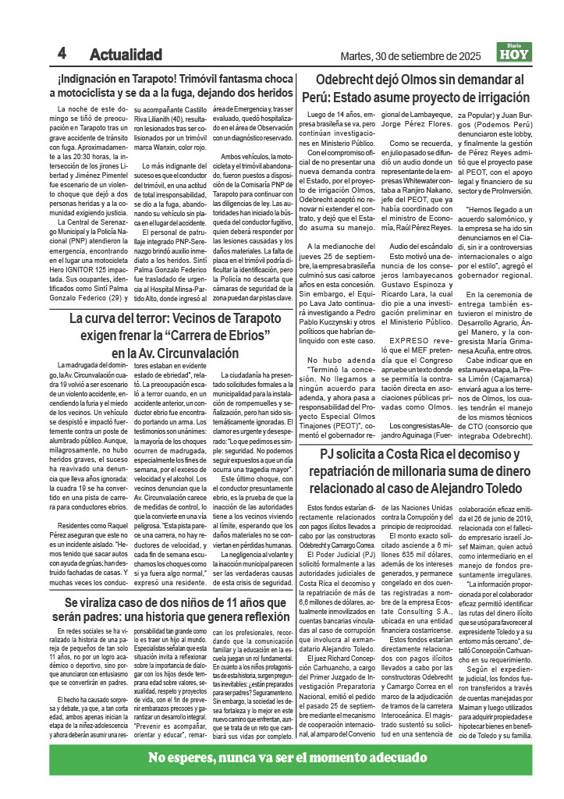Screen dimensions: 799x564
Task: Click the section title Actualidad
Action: pos(126,55)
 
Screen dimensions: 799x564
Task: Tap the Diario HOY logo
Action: pos(516,53)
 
